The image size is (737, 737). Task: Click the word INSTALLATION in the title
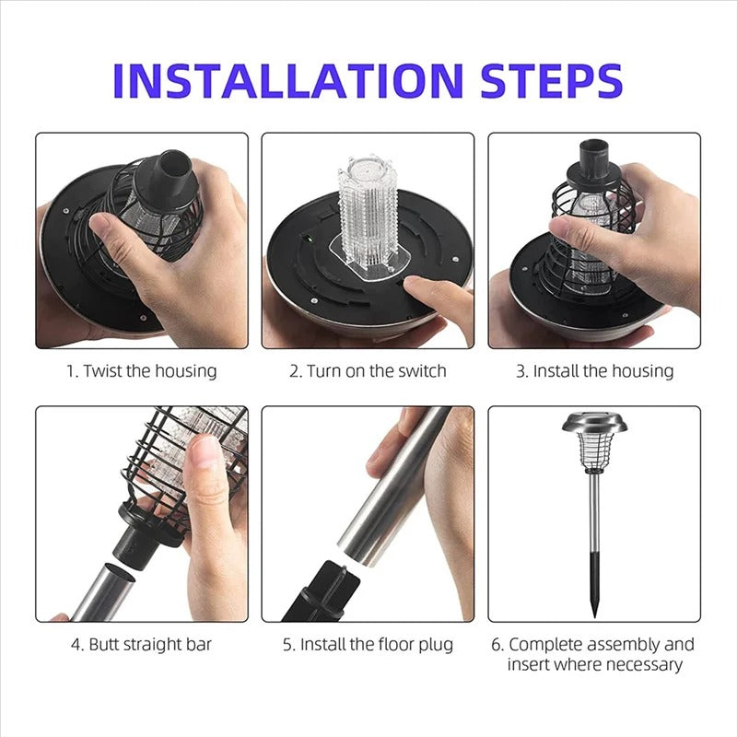pos(288,80)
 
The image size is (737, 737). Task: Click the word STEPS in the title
pos(552,80)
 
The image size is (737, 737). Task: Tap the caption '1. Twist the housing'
pos(142,371)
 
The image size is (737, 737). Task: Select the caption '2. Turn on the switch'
pos(368,371)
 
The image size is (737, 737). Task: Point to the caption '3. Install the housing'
pos(594,371)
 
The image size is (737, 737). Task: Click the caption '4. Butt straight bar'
pos(142,644)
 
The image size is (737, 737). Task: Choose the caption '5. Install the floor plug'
pos(368,644)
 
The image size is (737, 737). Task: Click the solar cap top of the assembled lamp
pos(594,422)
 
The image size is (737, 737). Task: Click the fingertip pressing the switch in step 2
pos(413,283)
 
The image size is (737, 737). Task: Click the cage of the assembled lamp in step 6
pos(594,452)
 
